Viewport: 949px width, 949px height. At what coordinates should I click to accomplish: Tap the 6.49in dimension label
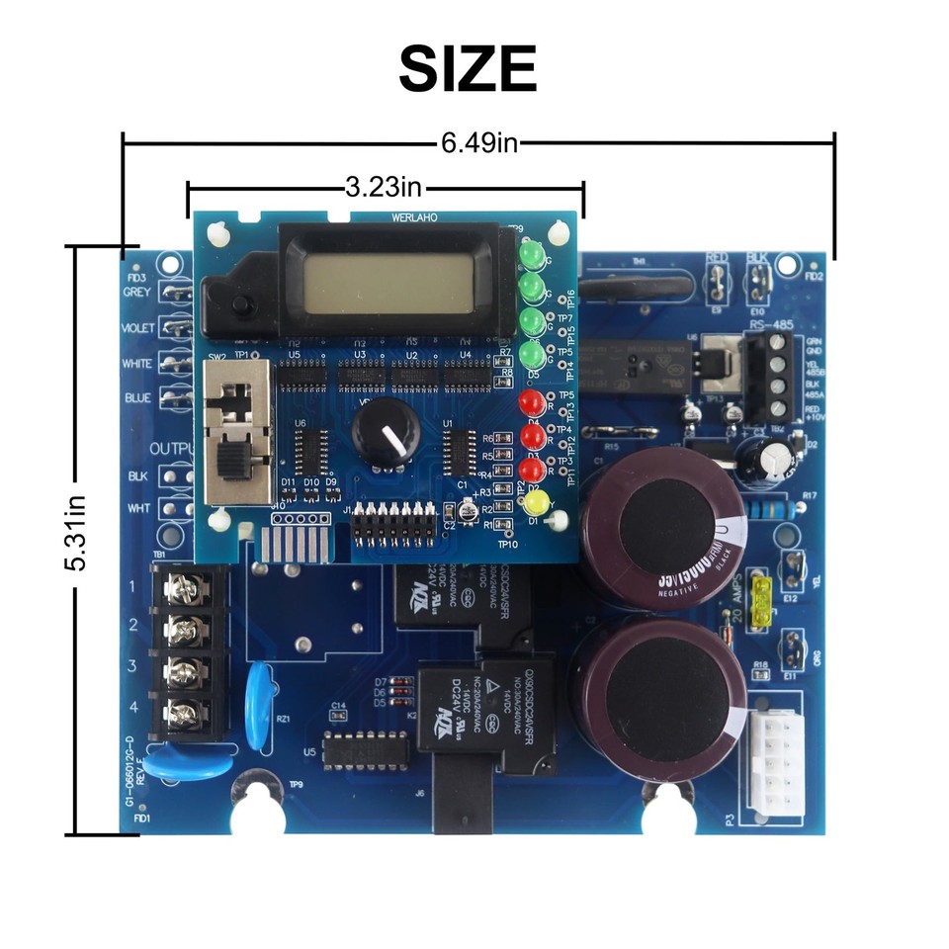(479, 143)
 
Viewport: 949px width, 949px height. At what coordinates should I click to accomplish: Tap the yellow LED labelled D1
(536, 502)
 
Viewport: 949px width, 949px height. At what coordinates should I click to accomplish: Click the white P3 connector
(777, 761)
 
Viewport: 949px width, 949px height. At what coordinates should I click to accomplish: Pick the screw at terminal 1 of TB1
(185, 590)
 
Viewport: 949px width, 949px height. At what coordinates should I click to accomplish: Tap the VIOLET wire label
(136, 328)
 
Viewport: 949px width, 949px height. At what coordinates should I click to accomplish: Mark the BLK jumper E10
(758, 284)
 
